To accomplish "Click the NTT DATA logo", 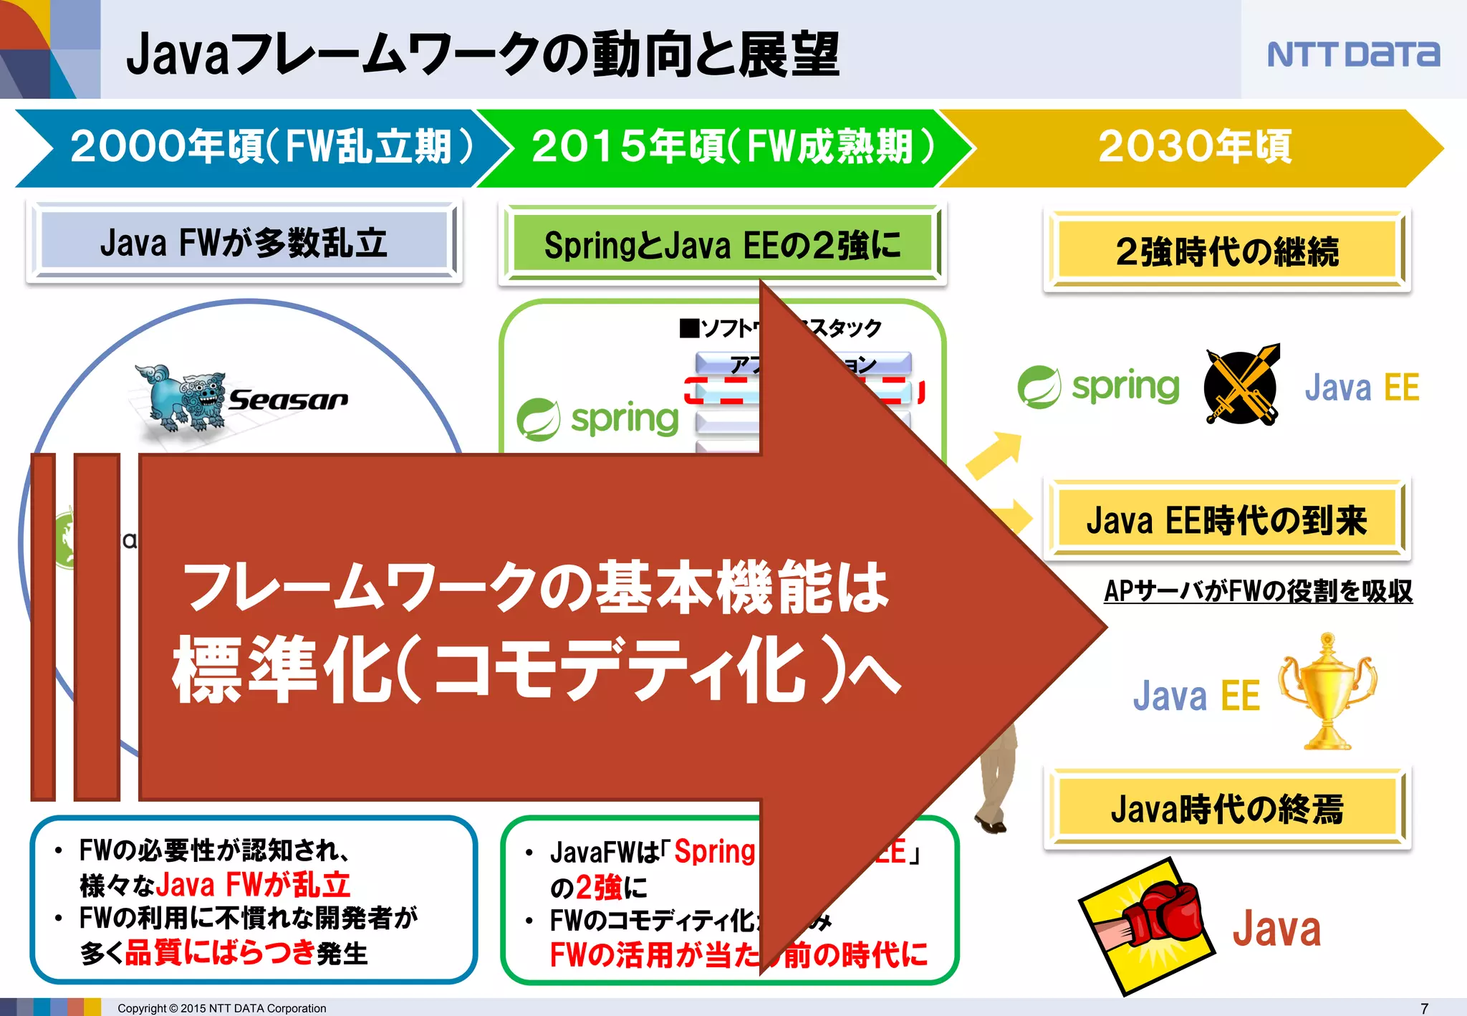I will (1353, 54).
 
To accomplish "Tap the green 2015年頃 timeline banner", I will (723, 148).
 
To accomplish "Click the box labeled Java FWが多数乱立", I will (244, 242).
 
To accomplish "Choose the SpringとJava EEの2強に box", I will (722, 245).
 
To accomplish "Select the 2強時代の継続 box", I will (1226, 251).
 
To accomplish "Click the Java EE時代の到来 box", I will (1226, 520).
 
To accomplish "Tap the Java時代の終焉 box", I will (1226, 809).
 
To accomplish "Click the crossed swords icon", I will (1241, 386).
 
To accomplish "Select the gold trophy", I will (1327, 691).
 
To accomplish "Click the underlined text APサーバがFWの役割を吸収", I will (1258, 591).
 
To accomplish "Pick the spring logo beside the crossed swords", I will (1099, 387).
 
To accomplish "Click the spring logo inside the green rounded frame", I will (598, 419).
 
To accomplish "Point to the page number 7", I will (1424, 1008).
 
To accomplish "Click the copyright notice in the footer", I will (221, 1008).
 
